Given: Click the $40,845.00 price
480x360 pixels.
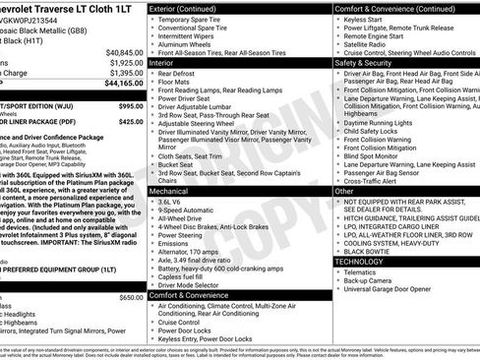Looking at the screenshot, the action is (x=124, y=51).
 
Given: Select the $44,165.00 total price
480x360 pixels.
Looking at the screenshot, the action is (x=124, y=84).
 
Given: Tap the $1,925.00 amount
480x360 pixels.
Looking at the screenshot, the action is (x=126, y=62).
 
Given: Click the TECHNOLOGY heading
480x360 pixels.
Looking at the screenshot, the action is (x=360, y=262).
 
